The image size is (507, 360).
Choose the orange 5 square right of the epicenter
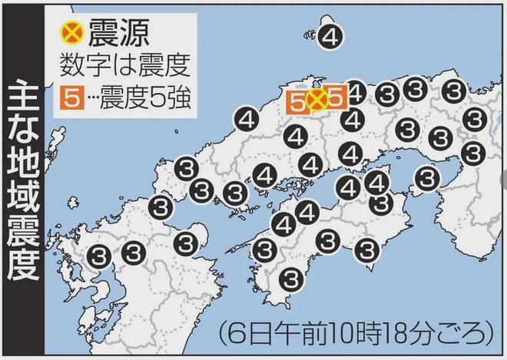coord(335,98)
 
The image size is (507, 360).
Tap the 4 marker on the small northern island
coord(331,36)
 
